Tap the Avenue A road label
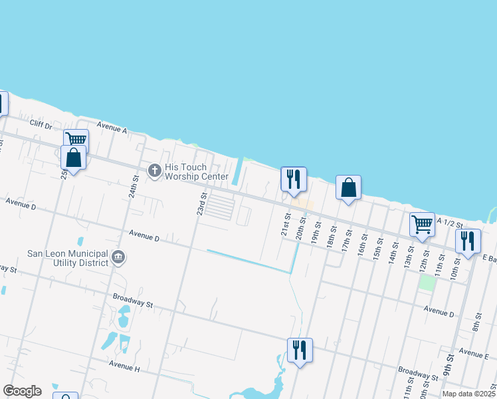coord(111,126)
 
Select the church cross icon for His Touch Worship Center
coord(154,171)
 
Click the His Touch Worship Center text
coord(186,172)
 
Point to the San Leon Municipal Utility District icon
coord(118,257)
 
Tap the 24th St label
coord(134,188)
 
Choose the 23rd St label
coord(201,203)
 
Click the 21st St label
coord(286,224)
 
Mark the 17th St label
coord(346,239)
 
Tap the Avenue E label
coord(473,354)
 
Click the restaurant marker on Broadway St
coord(300,350)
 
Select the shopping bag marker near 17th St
coord(348,188)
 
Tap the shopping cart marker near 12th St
coord(422,225)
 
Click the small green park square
coord(426,282)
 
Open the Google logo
coord(22,391)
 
